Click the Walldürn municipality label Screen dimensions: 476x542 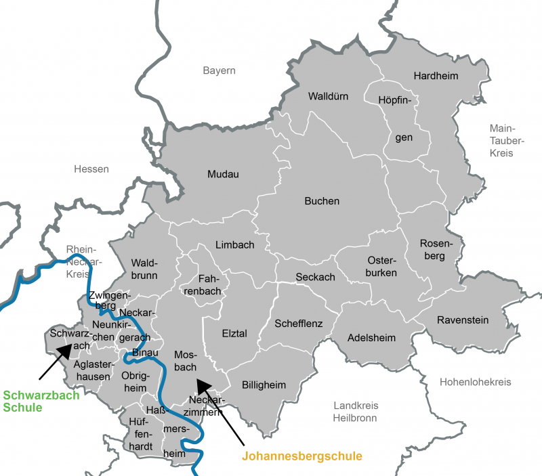click(x=328, y=96)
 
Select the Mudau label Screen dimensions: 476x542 click(x=223, y=174)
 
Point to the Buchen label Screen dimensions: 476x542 click(x=322, y=201)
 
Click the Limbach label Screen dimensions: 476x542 click(x=234, y=244)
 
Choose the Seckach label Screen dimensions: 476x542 click(x=315, y=278)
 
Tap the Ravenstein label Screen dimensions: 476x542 click(x=462, y=320)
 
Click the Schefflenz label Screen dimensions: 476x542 click(x=298, y=324)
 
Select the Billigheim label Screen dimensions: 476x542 click(x=264, y=385)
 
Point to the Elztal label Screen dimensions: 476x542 click(x=234, y=333)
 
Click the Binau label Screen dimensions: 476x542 click(x=145, y=352)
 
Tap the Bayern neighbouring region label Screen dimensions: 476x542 click(x=219, y=70)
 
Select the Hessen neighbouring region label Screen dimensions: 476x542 click(x=91, y=169)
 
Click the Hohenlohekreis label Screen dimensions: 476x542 click(x=475, y=382)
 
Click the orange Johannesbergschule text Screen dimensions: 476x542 click(x=301, y=456)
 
